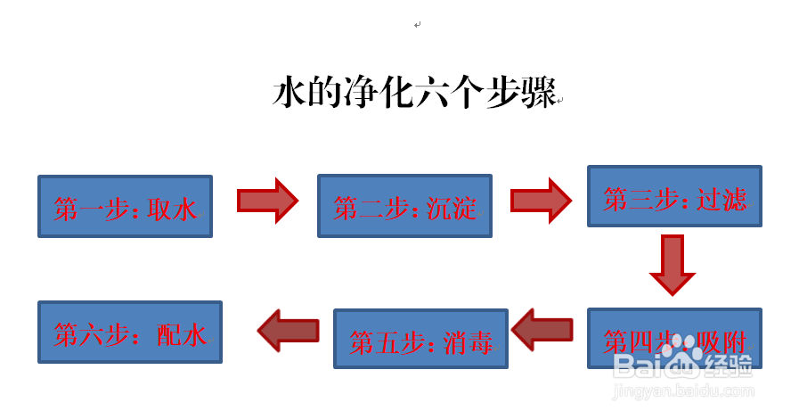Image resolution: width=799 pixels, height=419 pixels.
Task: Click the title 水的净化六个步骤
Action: [413, 93]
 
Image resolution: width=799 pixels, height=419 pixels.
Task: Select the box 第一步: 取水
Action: [125, 207]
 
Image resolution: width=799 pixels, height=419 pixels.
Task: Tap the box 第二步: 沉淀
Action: [404, 206]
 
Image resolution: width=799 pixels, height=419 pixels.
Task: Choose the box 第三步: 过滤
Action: [674, 196]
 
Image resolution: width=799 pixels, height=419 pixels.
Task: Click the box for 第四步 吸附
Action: [674, 338]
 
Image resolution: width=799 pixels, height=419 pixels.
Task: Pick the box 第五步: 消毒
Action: [420, 339]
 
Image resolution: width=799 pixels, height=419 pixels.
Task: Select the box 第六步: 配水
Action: [130, 332]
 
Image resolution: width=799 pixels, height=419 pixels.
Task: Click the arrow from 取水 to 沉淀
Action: [266, 201]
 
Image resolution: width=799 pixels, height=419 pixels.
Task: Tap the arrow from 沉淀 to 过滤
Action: [541, 201]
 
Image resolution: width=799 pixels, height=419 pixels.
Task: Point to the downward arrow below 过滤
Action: [672, 264]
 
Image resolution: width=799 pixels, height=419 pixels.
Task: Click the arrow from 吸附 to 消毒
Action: [542, 331]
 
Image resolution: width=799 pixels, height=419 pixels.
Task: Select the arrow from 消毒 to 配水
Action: [289, 331]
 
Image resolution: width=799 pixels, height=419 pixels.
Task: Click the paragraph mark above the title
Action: [417, 25]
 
